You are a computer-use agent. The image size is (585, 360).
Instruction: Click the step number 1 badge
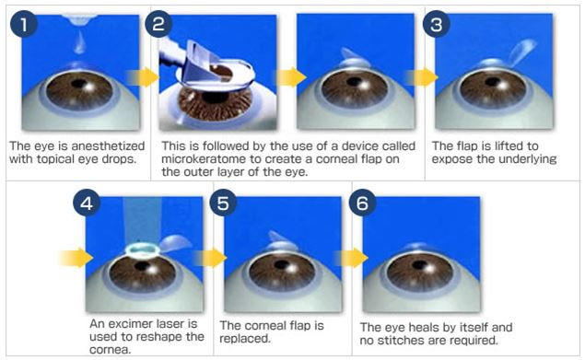24,24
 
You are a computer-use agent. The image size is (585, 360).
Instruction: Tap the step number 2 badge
158,24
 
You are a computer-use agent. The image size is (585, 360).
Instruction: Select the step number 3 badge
436,24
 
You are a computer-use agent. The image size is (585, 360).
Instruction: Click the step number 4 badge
87,203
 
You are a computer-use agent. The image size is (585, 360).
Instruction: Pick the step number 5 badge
223,203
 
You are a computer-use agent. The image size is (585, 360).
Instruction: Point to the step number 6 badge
362,203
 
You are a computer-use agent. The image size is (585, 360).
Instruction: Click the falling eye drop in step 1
79,43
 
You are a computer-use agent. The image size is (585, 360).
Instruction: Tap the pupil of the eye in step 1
78,84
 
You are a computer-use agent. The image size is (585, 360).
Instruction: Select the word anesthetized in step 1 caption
108,145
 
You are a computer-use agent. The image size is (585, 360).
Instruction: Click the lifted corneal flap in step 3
522,52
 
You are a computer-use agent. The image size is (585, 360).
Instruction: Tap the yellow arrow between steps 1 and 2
143,77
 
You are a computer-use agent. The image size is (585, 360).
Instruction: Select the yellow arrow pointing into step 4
76,258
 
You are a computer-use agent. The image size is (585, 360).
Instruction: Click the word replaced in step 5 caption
244,339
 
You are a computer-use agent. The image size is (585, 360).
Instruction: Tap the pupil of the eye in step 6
420,265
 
